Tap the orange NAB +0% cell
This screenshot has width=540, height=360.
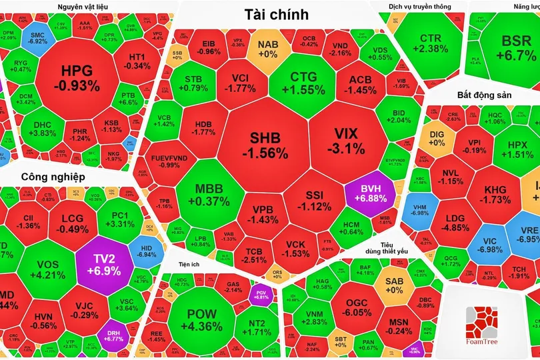point(267,48)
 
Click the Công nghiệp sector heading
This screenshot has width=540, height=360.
point(53,177)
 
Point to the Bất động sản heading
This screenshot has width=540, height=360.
point(484,95)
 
